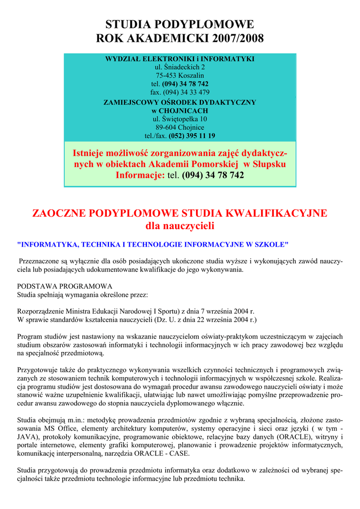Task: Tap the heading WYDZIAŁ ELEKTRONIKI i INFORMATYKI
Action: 180,59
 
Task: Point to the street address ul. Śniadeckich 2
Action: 180,67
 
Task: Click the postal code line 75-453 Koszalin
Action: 180,76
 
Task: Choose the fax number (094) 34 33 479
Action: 186,92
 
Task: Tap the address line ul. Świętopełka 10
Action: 180,119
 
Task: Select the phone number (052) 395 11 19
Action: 192,136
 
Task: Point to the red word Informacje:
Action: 140,175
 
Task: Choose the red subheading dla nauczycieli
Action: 180,227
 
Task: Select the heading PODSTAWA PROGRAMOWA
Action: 65,286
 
